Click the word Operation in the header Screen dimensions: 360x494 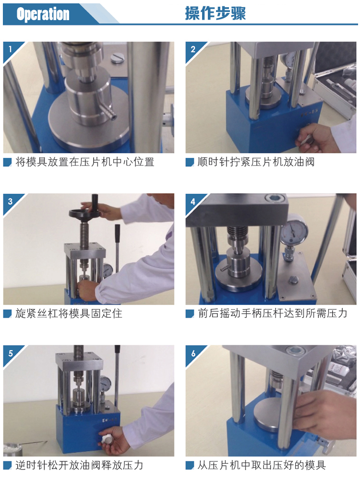[x=43, y=14]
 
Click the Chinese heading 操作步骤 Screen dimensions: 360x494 [x=216, y=13]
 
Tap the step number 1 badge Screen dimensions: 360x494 [x=11, y=49]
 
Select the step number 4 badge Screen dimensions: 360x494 [x=193, y=201]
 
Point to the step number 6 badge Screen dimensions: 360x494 [x=193, y=353]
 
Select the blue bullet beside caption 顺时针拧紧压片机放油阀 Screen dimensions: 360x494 [x=190, y=162]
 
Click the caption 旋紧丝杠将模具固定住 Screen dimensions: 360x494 [x=69, y=314]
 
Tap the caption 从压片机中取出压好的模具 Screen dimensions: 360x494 [x=262, y=465]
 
